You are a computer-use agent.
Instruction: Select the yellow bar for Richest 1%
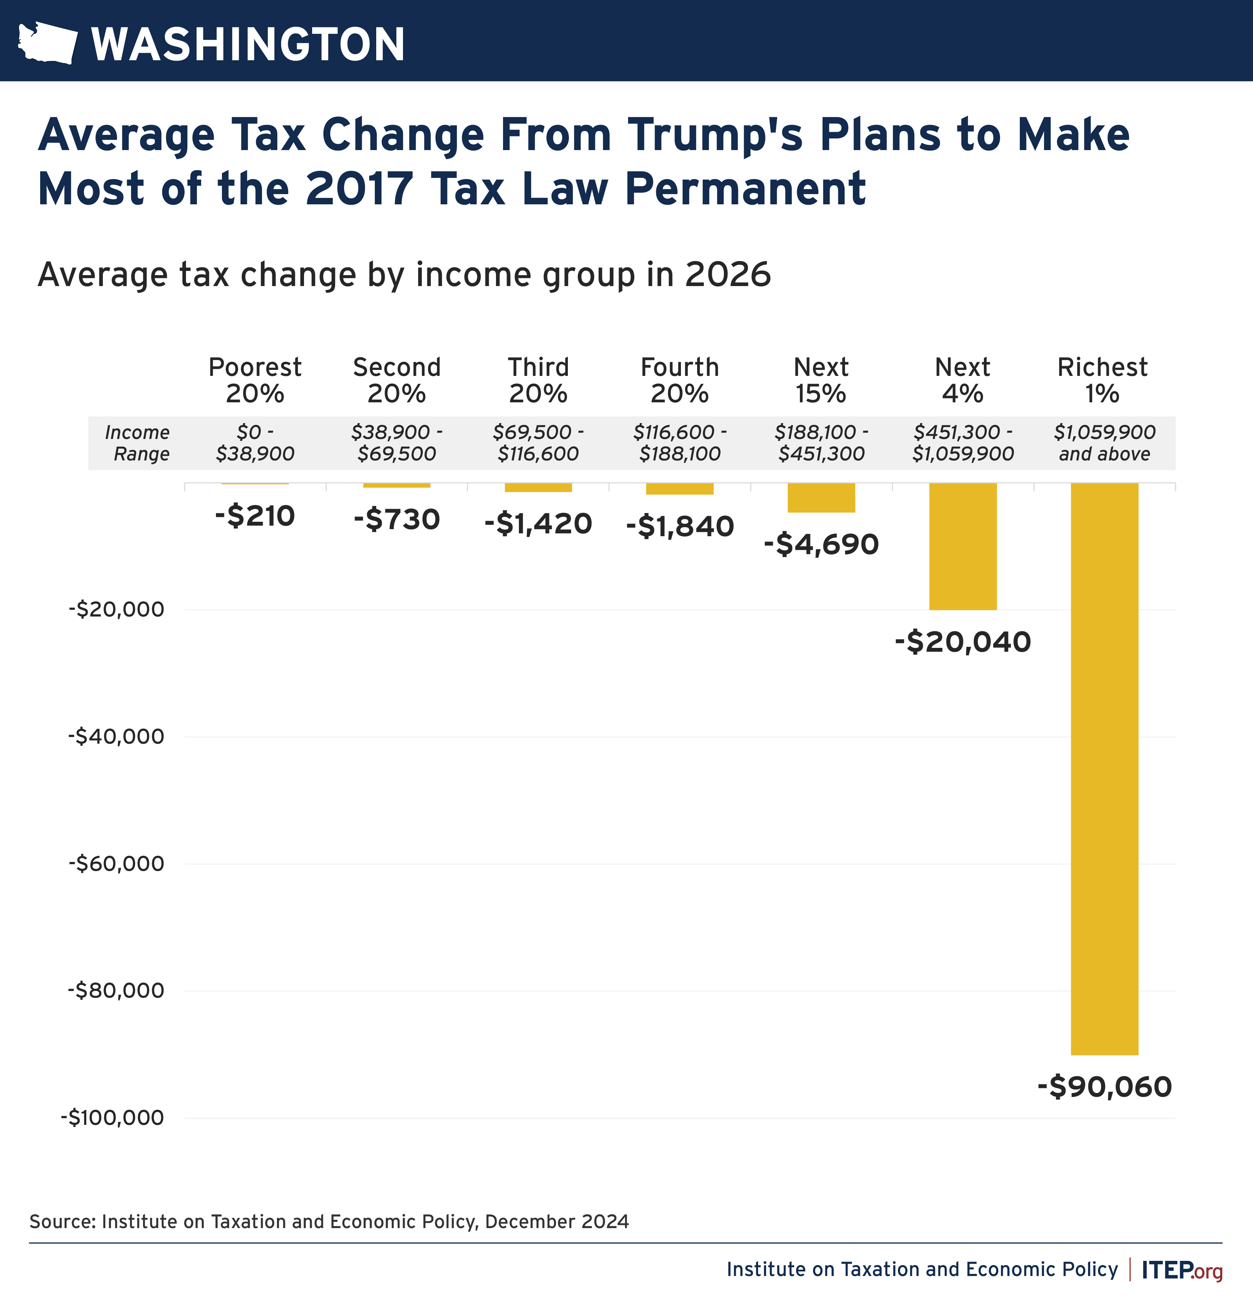[1104, 768]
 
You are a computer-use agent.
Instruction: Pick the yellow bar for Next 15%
[821, 497]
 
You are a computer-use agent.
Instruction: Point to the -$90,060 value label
[1104, 1086]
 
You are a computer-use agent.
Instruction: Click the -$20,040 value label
[962, 642]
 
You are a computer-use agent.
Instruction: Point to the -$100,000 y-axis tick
[112, 1117]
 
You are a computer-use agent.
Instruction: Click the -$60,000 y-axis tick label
[116, 863]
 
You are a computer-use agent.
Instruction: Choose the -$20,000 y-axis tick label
[116, 609]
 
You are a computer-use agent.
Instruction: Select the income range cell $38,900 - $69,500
[397, 443]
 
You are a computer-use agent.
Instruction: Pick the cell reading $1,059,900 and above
[1104, 443]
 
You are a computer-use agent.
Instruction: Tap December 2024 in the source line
[556, 1221]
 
